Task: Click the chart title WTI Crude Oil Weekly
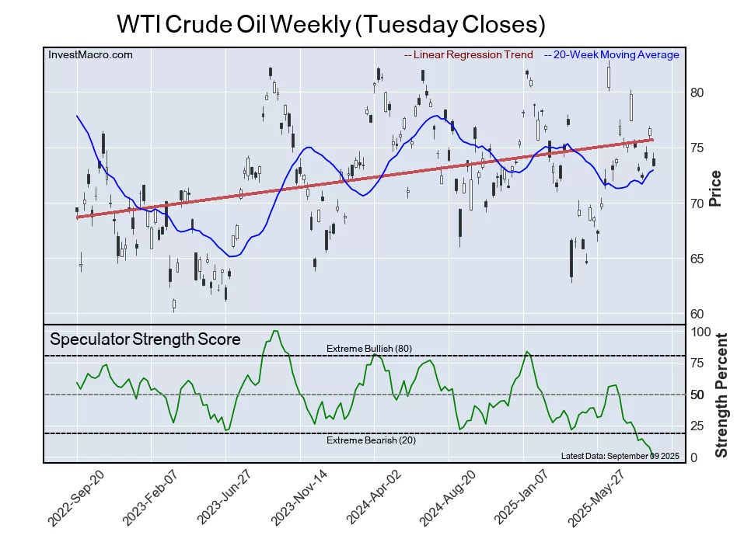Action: coord(330,24)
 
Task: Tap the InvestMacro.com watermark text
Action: coord(90,54)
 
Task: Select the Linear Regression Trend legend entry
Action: coord(469,54)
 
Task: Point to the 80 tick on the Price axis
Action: coord(697,92)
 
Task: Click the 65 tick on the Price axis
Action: coord(697,259)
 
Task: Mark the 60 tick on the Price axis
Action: coord(697,314)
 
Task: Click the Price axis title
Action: coord(716,188)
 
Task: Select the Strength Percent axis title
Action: coord(721,395)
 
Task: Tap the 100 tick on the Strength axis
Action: coord(702,332)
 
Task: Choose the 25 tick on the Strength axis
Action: coord(699,426)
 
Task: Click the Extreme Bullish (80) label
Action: coord(369,348)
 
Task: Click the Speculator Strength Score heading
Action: coord(145,339)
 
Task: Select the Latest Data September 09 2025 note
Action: coord(610,456)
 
